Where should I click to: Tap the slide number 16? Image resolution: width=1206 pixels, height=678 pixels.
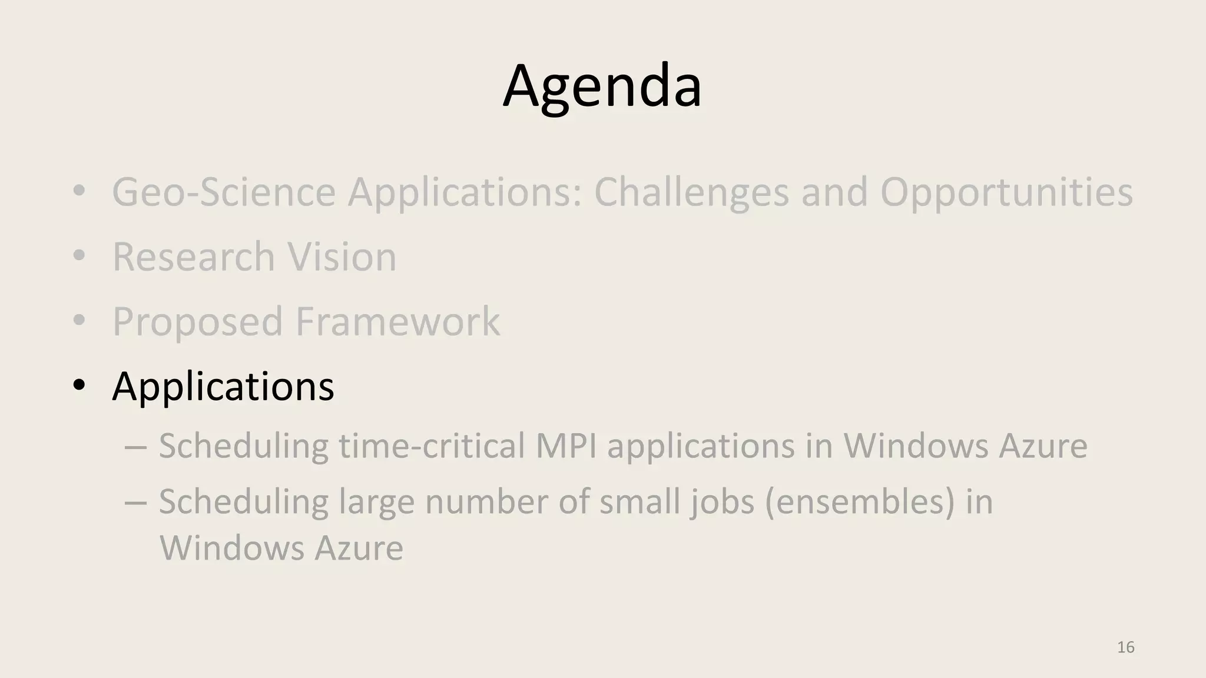point(1125,647)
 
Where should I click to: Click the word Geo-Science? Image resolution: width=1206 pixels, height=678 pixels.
point(223,192)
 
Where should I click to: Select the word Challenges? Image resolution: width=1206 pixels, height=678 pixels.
point(691,192)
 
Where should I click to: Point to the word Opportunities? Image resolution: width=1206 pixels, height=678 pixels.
point(1006,192)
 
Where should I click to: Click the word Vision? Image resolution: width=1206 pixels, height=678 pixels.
point(342,257)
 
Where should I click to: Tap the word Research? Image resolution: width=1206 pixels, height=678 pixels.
point(194,257)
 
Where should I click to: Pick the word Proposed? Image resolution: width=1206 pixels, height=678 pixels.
point(197,321)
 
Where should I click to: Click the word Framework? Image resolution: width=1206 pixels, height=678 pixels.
point(397,321)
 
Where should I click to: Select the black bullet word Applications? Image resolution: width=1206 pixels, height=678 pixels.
point(223,387)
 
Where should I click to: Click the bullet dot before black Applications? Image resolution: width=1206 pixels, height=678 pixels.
point(79,386)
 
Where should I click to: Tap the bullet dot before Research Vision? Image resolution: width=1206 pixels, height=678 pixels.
point(79,257)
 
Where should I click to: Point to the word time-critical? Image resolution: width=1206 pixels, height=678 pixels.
point(432,446)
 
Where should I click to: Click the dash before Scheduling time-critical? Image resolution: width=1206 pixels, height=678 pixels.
point(135,446)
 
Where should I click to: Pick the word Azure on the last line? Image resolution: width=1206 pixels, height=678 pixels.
point(359,548)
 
